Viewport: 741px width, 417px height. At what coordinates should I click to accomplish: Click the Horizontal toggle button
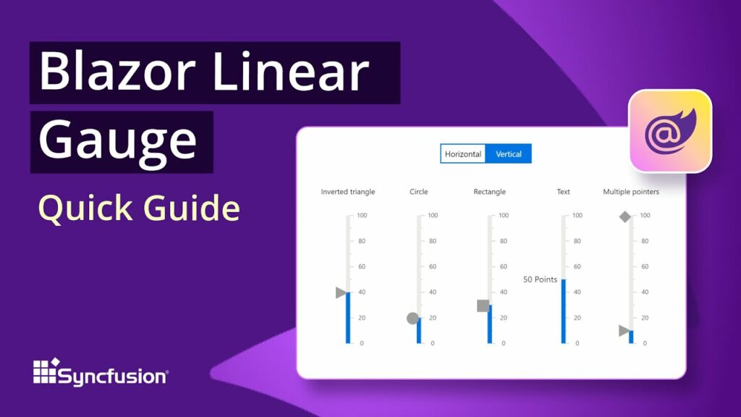pos(463,153)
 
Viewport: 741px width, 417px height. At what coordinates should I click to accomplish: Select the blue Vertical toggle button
pos(509,153)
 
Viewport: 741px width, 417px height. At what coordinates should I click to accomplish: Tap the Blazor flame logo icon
pos(669,131)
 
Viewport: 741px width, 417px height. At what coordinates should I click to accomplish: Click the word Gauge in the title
pos(117,141)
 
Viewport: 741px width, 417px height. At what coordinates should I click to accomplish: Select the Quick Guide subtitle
pos(139,208)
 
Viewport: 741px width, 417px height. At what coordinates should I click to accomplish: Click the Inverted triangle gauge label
pos(348,192)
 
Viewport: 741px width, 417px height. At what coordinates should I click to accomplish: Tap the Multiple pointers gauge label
pos(631,192)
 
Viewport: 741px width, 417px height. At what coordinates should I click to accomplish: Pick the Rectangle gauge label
pos(490,192)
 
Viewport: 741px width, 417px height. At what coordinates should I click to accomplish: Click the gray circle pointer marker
pos(413,318)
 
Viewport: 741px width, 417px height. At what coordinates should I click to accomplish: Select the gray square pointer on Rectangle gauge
pos(483,306)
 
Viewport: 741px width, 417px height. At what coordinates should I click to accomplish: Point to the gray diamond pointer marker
pos(625,216)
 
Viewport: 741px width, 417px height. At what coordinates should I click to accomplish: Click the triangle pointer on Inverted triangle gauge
pos(341,292)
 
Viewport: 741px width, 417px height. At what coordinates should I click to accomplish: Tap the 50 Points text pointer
pos(540,279)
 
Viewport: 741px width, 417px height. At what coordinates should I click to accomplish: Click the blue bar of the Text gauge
pos(563,311)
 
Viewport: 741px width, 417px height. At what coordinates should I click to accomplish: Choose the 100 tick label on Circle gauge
pos(433,216)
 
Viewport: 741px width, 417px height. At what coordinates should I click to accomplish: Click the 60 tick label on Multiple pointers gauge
pos(644,266)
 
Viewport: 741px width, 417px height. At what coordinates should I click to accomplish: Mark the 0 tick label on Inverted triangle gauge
pos(362,343)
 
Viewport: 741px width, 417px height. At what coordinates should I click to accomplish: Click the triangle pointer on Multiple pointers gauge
pos(624,331)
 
